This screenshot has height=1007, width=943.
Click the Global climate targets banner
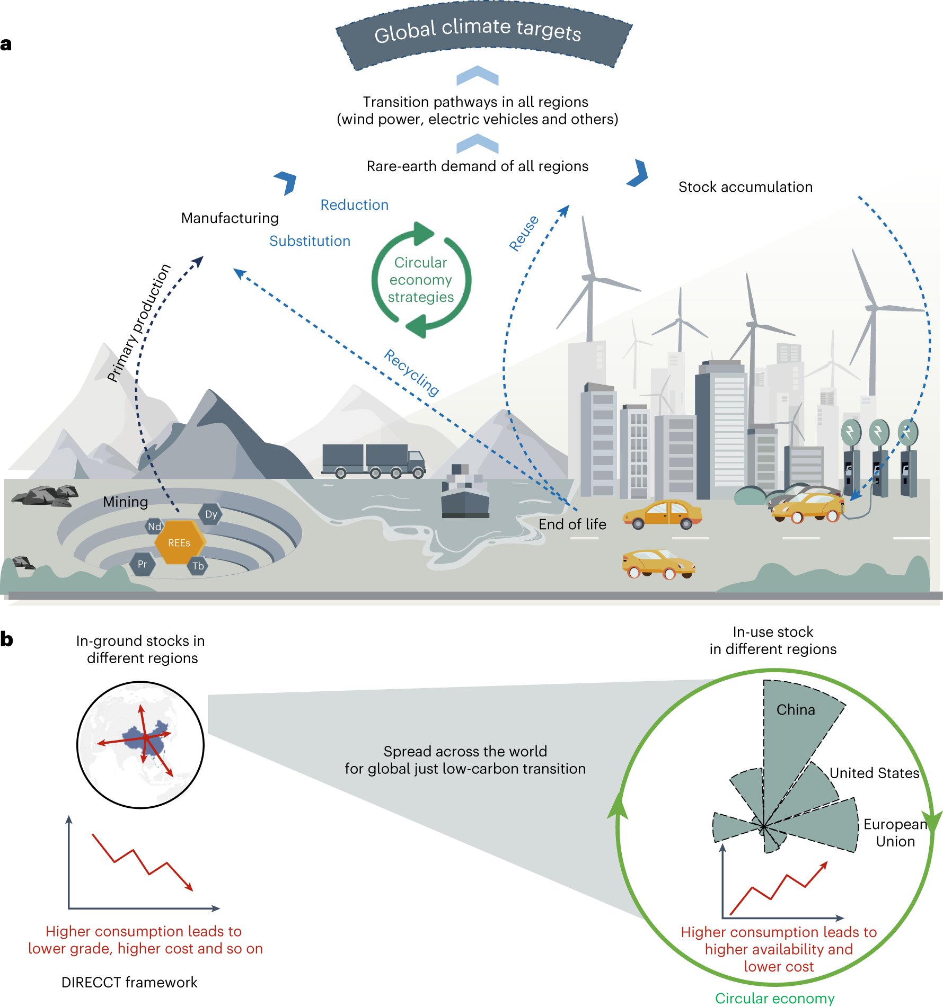[478, 33]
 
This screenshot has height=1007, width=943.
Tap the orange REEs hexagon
[179, 542]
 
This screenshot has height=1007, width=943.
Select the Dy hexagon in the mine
[211, 514]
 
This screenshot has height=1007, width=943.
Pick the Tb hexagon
[198, 566]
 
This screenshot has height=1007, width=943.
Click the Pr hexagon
[142, 564]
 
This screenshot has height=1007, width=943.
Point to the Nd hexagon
[154, 527]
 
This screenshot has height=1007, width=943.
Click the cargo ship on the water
[465, 493]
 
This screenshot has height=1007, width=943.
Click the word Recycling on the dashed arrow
[411, 372]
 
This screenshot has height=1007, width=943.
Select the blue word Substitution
[310, 241]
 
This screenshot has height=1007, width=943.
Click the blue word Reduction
[354, 205]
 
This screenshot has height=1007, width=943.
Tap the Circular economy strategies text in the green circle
[421, 280]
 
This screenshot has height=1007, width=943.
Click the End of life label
[572, 524]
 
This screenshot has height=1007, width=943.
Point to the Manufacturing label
[230, 218]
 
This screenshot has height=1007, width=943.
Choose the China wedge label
[795, 710]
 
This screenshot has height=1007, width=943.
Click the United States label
[874, 773]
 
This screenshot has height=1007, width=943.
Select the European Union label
[895, 833]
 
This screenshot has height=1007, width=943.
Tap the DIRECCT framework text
[129, 982]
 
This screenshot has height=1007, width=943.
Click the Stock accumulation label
[745, 187]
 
